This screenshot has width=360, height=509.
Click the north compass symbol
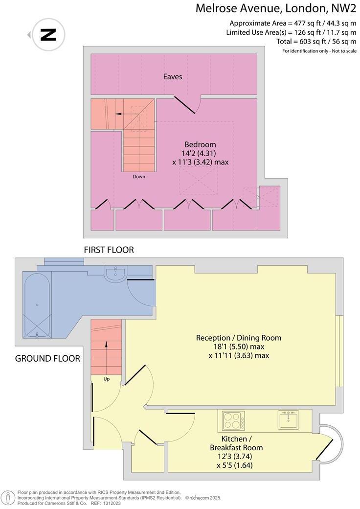(48, 35)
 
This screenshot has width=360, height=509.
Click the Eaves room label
(173, 76)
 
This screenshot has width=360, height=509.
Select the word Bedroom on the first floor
(200, 144)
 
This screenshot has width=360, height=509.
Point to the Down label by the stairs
(138, 177)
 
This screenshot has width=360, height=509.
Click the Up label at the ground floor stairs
(106, 379)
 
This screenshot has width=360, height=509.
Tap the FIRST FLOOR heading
(109, 250)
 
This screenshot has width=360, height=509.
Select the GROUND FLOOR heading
(47, 358)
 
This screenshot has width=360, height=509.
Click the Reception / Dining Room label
(239, 338)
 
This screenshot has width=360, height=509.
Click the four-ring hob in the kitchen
(234, 420)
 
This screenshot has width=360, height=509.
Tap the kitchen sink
(288, 420)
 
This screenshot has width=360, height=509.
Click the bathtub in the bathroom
(37, 306)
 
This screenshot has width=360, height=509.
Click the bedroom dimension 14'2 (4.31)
(200, 153)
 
